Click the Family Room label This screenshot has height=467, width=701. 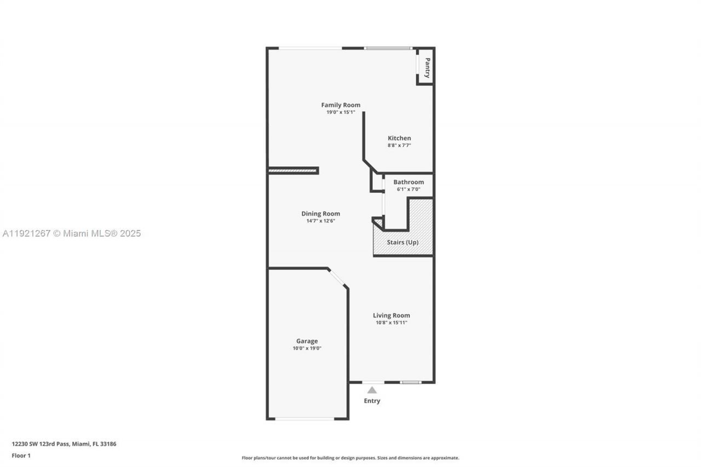pos(341,105)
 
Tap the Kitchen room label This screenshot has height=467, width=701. pos(399,139)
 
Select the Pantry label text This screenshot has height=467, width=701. pos(427,68)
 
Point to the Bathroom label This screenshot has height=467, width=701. pos(409,182)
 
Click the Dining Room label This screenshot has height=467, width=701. pos(320,214)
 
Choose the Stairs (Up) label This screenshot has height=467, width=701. pos(403,243)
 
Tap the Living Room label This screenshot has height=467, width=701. pos(392,315)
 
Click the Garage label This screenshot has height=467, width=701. pos(307,341)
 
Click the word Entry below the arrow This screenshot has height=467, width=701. pos(372,401)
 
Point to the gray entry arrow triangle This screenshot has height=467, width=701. pos(372,390)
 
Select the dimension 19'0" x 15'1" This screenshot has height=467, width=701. pos(341,112)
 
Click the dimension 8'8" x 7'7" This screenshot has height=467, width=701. pos(399,146)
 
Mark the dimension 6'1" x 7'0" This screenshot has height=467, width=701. pos(409,189)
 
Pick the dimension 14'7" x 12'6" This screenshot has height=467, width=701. pos(320,221)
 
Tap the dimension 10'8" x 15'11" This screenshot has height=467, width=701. pos(392,322)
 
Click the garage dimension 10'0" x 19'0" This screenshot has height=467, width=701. pos(307,348)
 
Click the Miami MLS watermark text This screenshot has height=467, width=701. pos(72,234)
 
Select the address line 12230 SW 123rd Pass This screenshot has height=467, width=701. pos(64,444)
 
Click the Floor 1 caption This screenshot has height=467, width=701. pos(21,456)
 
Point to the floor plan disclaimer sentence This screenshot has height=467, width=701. pos(350,458)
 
